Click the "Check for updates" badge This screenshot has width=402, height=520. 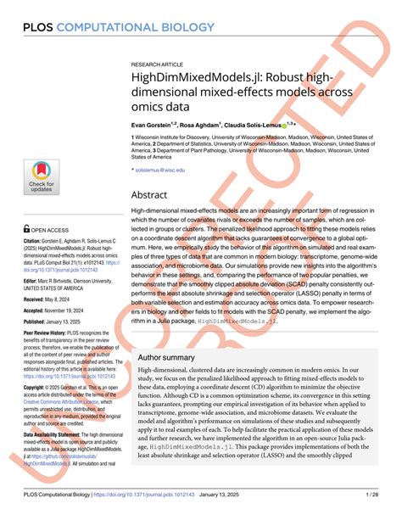42,172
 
